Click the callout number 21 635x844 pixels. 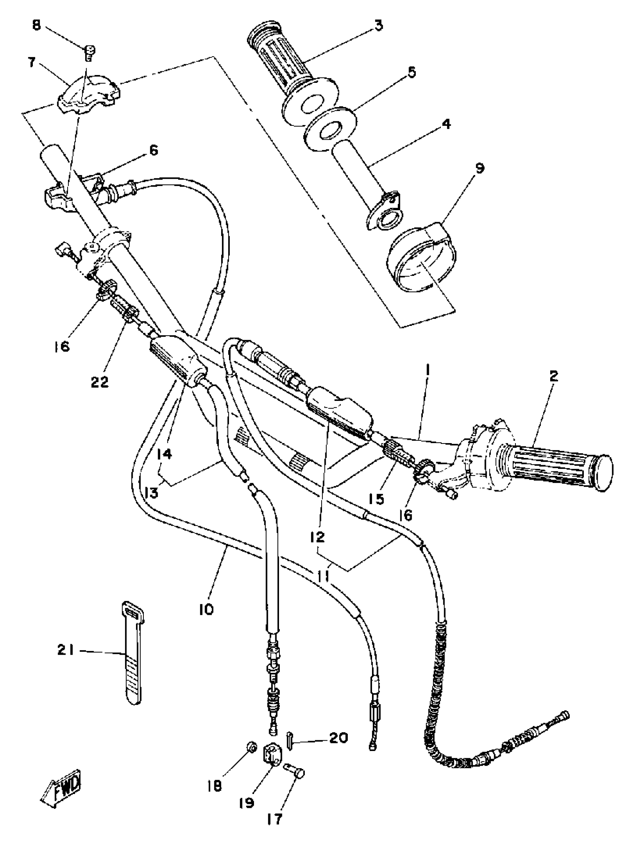coord(66,650)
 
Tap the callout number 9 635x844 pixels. coord(479,168)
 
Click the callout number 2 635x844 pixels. coord(553,377)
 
